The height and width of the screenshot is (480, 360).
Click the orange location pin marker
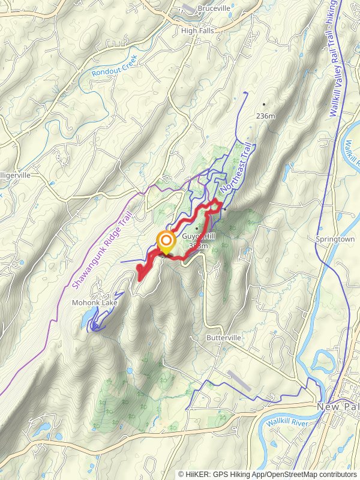pyautogui.click(x=166, y=242)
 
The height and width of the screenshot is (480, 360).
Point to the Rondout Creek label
pyautogui.click(x=115, y=65)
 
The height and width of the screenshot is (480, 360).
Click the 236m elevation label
pyautogui.click(x=265, y=115)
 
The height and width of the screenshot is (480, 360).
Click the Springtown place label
pyautogui.click(x=335, y=239)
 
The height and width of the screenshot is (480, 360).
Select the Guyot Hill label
pyautogui.click(x=199, y=236)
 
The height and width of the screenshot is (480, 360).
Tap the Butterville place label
pyautogui.click(x=224, y=338)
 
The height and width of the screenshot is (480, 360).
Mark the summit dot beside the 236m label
pyautogui.click(x=263, y=104)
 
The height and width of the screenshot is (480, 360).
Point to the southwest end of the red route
pyautogui.click(x=140, y=278)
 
